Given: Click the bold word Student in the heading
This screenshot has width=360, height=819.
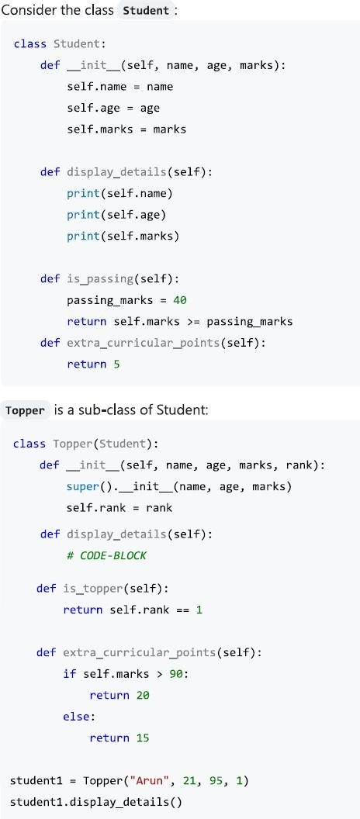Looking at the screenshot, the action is coord(147,10).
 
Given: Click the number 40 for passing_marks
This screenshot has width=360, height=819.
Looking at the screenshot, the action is coord(180,300).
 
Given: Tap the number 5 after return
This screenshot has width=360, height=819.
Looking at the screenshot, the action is coord(116,364).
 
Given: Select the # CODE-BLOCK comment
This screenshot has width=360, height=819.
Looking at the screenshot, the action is coord(106,556).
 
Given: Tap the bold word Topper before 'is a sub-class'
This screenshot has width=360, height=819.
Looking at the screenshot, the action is coord(25,410).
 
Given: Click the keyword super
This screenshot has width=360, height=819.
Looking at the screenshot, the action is coord(83,487).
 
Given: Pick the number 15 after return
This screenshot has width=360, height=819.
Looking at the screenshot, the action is coord(143,738).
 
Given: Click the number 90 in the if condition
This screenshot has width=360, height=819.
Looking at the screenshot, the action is coord(176,674).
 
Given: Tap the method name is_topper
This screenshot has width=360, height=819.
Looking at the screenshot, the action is coord(93,589).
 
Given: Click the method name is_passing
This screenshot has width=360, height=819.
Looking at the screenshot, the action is coord(100,279).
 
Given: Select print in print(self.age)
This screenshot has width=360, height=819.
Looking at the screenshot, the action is coord(83,215).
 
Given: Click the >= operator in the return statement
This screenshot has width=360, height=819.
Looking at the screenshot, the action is coord(193,322).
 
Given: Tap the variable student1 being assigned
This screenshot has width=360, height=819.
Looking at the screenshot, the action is coord(36,781).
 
